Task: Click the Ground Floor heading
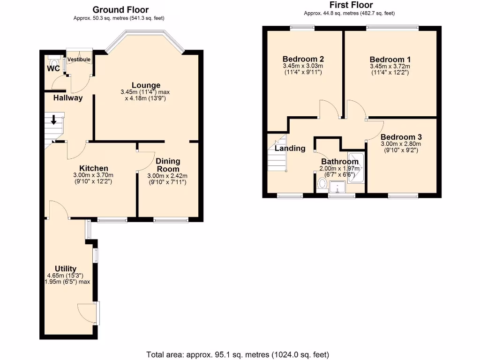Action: click(x=120, y=9)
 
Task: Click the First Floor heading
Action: click(x=351, y=5)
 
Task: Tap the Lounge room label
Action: click(x=146, y=85)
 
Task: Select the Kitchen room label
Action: click(x=94, y=168)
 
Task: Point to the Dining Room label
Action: click(x=168, y=165)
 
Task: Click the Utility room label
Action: click(x=66, y=269)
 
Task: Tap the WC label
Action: click(x=52, y=69)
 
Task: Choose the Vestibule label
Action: click(x=79, y=60)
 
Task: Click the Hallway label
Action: click(x=67, y=98)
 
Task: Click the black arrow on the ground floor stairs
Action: click(x=53, y=120)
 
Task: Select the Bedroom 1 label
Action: click(x=390, y=60)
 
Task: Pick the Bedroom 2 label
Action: click(x=303, y=59)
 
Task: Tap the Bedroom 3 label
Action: click(x=401, y=137)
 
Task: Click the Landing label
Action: click(x=290, y=149)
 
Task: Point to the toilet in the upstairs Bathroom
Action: click(x=322, y=183)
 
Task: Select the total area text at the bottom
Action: click(x=238, y=354)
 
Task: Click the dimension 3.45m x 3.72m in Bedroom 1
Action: click(x=390, y=67)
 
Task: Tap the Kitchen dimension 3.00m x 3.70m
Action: click(x=94, y=175)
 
